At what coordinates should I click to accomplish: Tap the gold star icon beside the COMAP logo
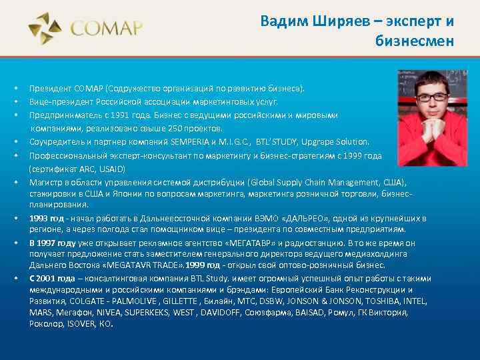[45, 29]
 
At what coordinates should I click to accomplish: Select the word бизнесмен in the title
[415, 41]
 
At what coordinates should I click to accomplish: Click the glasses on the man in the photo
[431, 97]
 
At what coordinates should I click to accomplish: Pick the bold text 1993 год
[46, 218]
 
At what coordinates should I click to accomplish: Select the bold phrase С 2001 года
[52, 279]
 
